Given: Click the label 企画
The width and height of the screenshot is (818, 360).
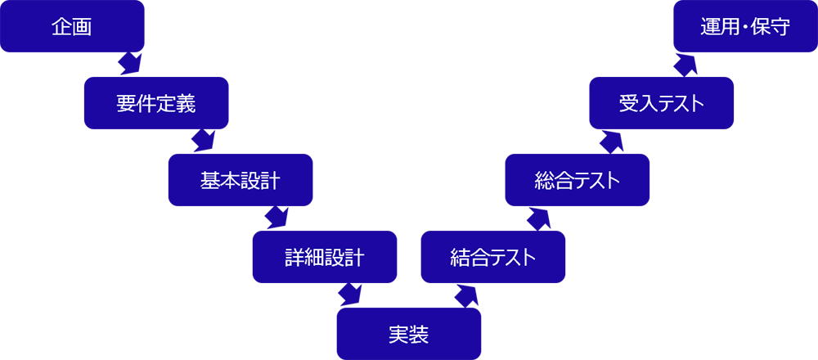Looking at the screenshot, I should (x=71, y=27).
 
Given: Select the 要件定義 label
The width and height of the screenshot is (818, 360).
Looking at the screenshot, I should (x=155, y=104).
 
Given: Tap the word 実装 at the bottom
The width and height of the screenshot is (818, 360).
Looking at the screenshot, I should (x=408, y=335).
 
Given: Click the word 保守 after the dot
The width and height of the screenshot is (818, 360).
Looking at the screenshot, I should (x=770, y=27).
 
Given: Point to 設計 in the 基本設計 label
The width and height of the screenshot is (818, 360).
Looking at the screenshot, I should (x=260, y=180).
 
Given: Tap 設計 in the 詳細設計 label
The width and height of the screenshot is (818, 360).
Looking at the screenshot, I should (x=344, y=258).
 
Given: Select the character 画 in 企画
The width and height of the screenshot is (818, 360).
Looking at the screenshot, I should (x=81, y=27).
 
